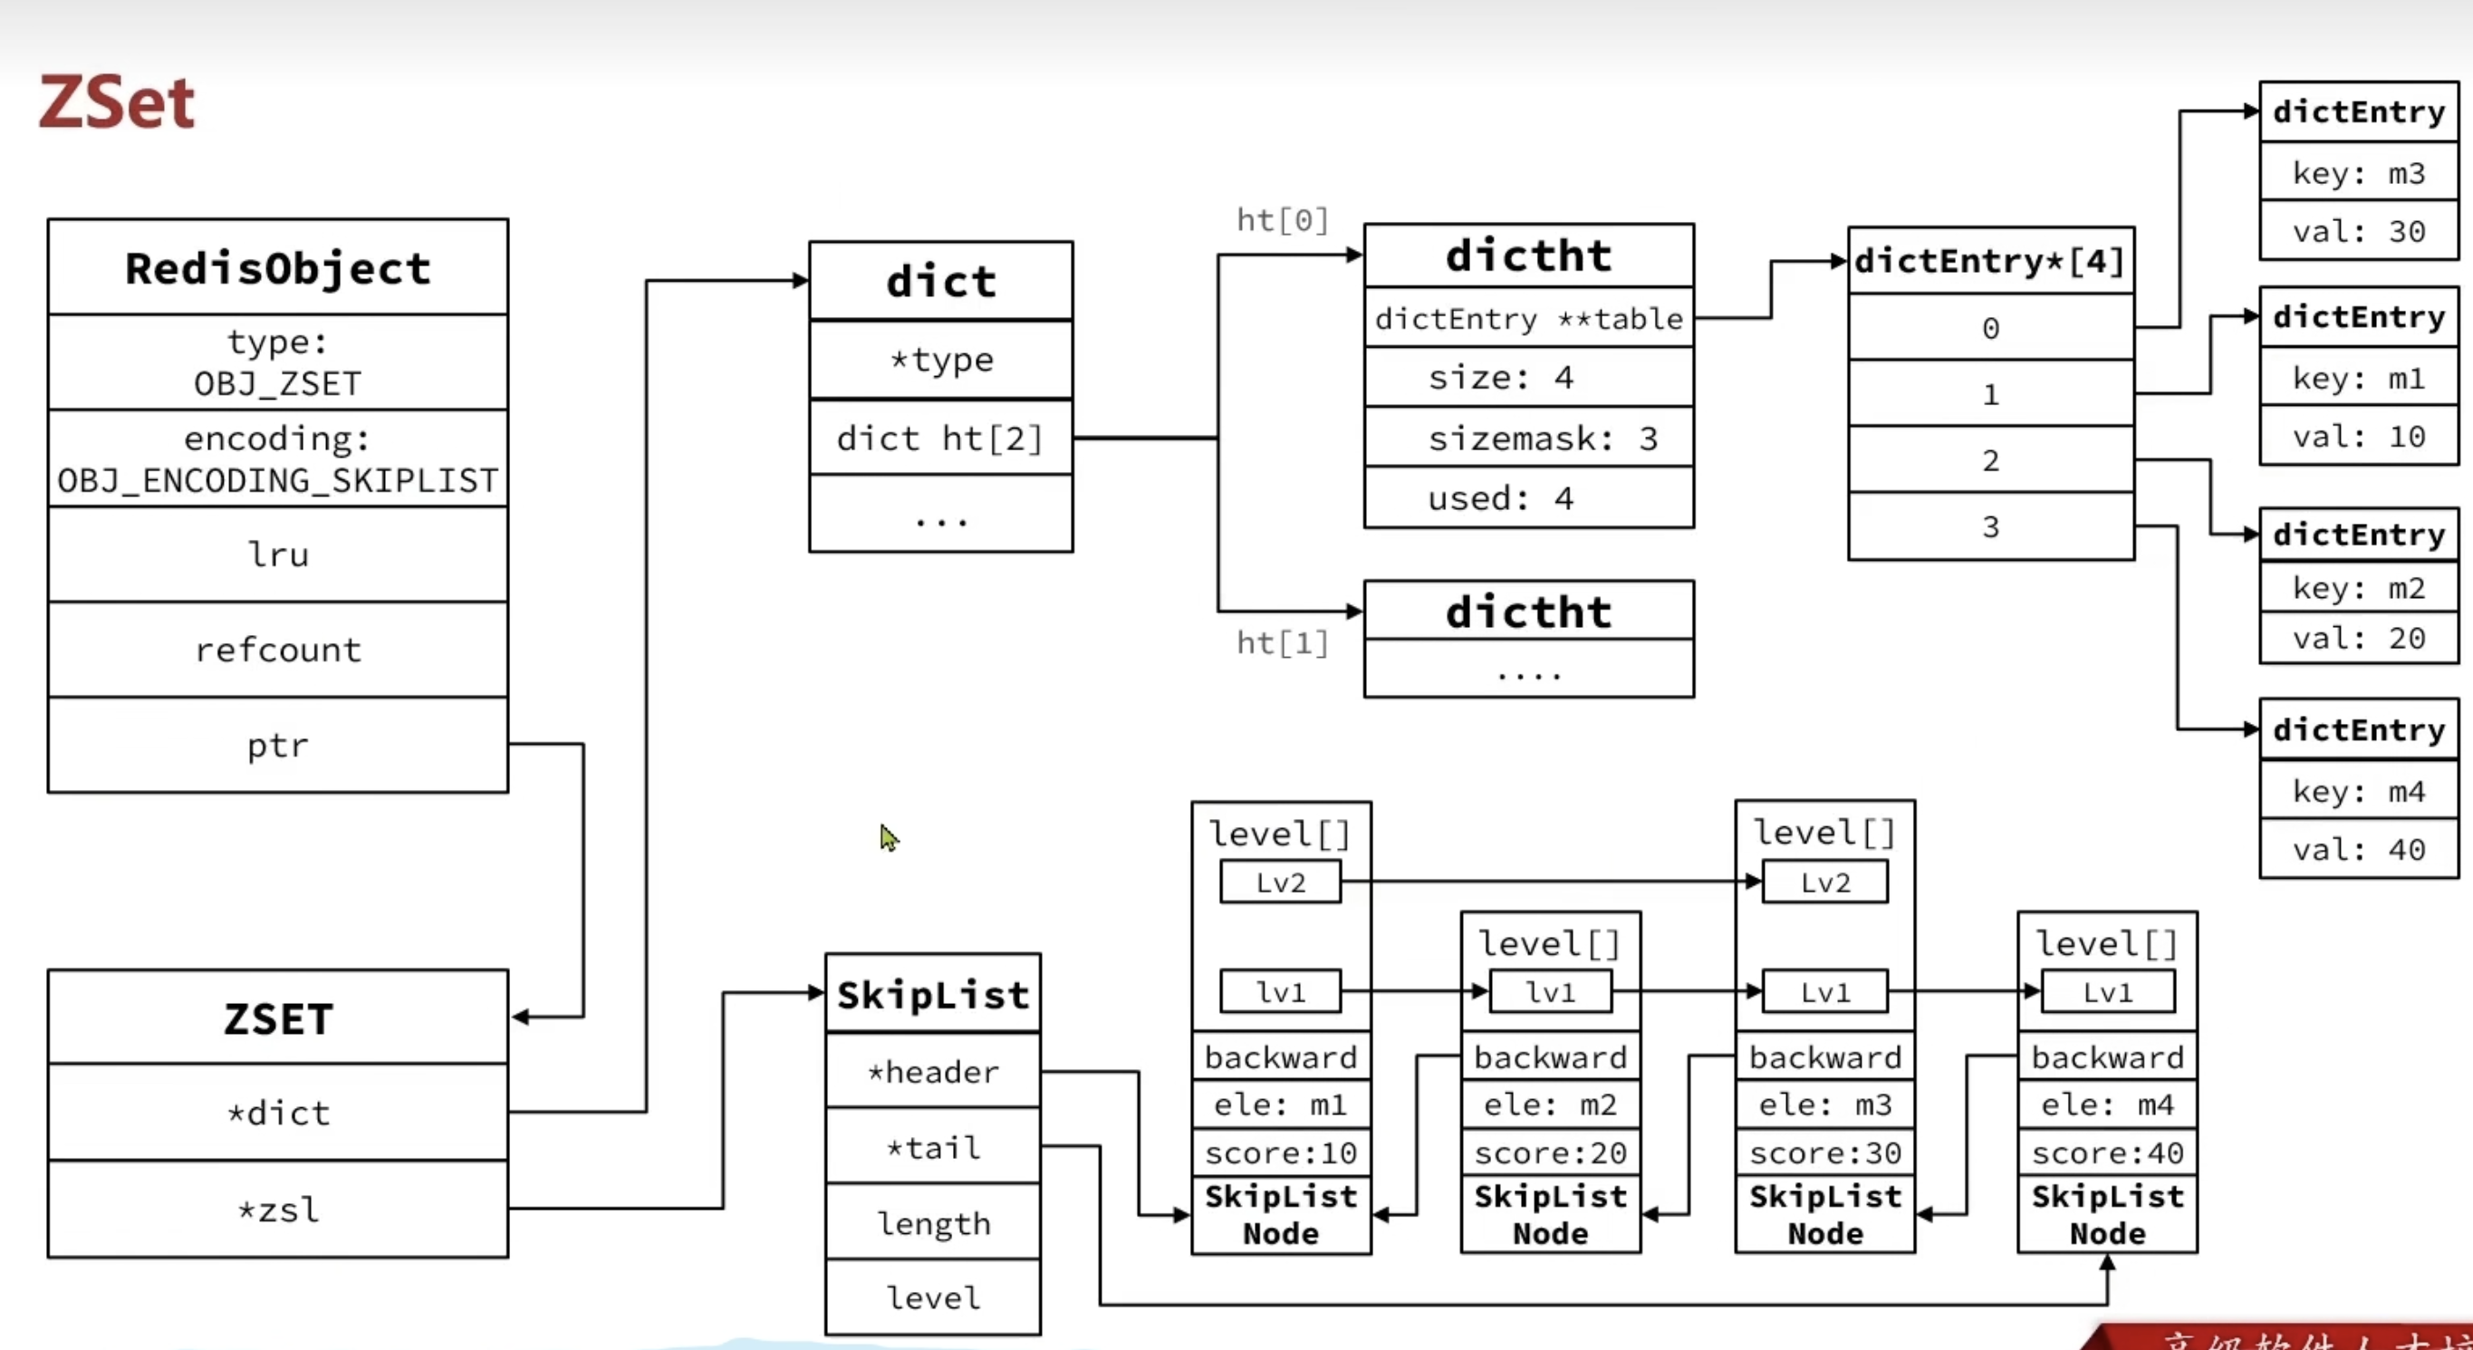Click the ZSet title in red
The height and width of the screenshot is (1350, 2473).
(116, 101)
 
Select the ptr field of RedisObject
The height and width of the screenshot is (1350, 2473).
(277, 745)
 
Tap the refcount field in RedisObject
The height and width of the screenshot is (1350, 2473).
(277, 650)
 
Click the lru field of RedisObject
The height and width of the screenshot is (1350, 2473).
(277, 554)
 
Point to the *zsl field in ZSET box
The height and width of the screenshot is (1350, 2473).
(277, 1209)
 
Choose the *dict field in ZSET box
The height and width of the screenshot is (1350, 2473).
(277, 1113)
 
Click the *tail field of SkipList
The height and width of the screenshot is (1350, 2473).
(933, 1147)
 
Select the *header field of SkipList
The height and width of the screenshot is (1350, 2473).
(933, 1072)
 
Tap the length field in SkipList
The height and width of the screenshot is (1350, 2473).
(933, 1223)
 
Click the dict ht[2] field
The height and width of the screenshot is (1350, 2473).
(940, 439)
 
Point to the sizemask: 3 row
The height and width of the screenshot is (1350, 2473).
(1528, 439)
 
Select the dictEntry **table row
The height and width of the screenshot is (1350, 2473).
(1528, 319)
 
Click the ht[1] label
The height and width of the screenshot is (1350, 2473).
(1282, 642)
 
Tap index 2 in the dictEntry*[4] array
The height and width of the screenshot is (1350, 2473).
(1990, 461)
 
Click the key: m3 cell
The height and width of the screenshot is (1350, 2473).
(2359, 173)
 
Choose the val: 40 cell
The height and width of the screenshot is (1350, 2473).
(2359, 850)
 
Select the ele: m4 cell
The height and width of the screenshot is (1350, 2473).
(2107, 1105)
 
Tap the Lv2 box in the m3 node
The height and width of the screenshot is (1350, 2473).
(1824, 882)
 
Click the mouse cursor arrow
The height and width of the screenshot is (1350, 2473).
(888, 837)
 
